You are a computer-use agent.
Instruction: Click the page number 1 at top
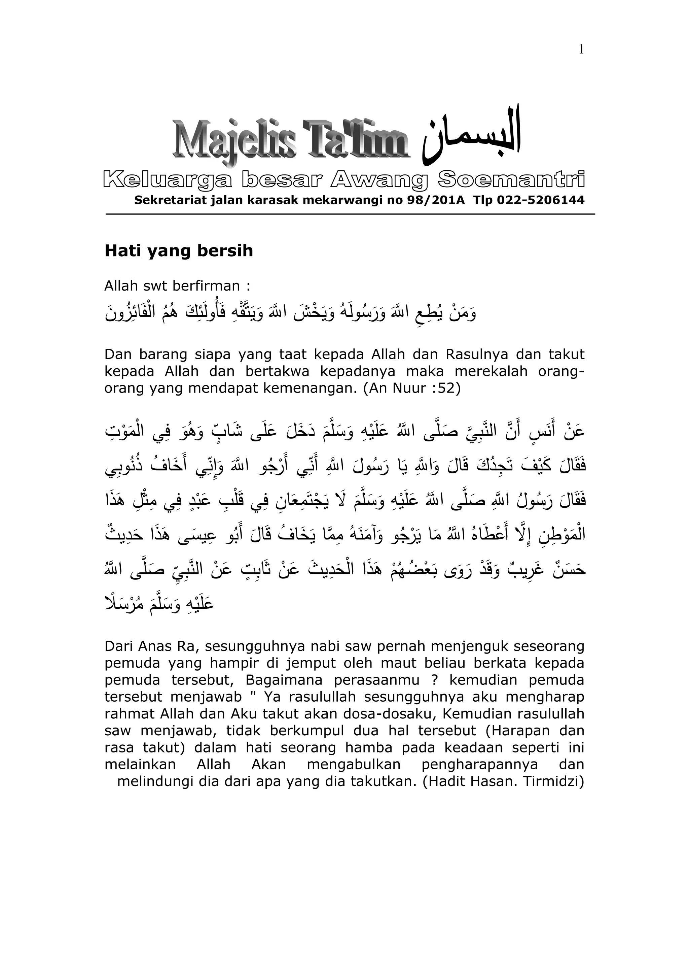click(581, 50)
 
